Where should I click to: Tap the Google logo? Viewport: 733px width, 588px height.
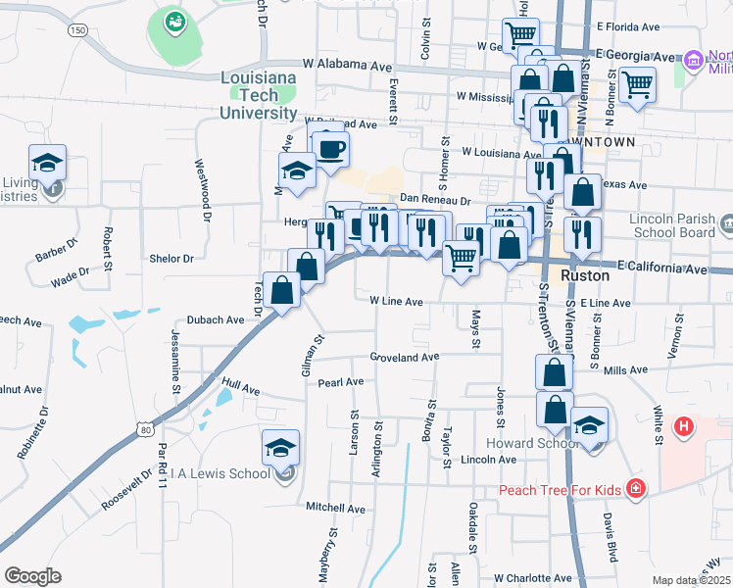[x=32, y=575]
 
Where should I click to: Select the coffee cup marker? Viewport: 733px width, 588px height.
[x=330, y=149]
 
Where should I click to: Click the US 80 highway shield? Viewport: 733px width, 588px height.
[x=146, y=428]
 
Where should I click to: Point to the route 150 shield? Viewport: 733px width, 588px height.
[x=76, y=31]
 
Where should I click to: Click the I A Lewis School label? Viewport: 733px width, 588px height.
[x=220, y=474]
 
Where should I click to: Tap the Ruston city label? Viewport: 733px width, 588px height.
[x=586, y=277]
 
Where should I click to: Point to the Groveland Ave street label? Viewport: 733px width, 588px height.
[x=404, y=358]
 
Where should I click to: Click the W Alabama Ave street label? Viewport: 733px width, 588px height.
[x=347, y=63]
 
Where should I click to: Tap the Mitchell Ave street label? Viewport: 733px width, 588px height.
[x=335, y=509]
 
